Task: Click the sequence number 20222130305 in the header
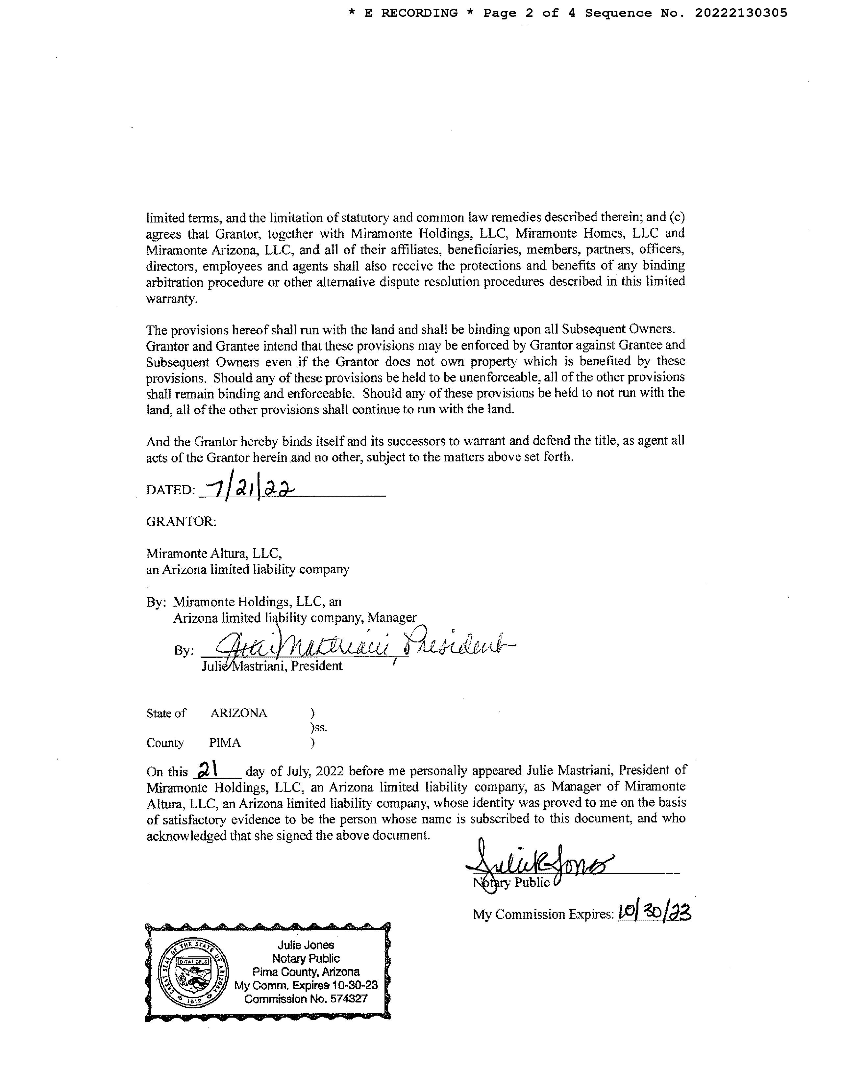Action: coord(741,13)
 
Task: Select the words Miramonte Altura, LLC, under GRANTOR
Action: coord(214,553)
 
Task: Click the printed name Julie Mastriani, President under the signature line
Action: coord(272,666)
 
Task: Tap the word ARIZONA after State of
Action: coord(238,713)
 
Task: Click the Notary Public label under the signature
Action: coord(511,882)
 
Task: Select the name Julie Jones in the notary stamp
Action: coord(306,945)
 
